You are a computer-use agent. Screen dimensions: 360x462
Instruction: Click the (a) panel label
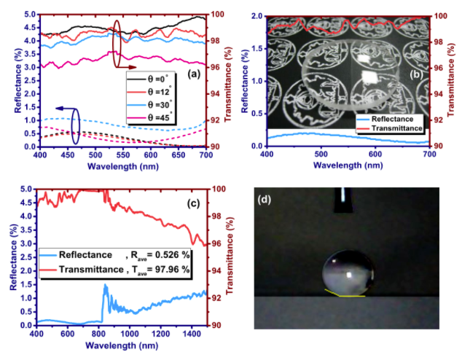click(x=192, y=74)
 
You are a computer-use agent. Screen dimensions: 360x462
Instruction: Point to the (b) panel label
click(x=417, y=74)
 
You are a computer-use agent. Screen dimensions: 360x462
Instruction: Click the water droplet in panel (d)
click(x=345, y=274)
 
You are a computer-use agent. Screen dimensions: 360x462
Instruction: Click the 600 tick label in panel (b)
click(x=376, y=154)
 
